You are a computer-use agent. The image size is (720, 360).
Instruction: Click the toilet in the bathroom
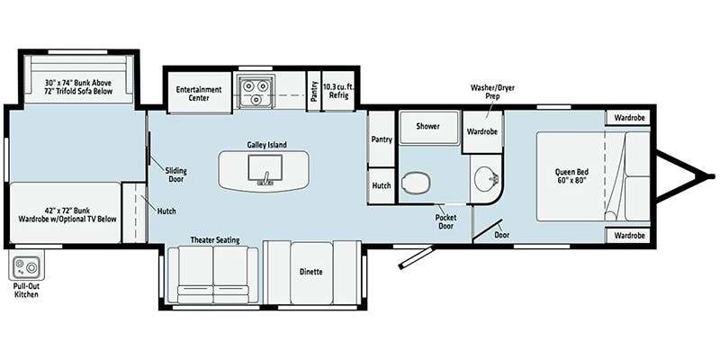coord(416,183)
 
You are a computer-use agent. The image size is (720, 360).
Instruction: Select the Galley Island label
coord(266,145)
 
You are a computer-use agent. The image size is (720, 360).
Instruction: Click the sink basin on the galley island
coord(265,168)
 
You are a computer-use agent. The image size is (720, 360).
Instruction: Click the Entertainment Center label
coord(199,94)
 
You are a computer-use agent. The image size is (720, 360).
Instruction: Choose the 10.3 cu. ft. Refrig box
coord(338,91)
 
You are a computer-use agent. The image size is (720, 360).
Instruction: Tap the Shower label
coord(428,126)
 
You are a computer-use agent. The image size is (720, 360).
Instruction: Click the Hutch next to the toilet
coord(382,186)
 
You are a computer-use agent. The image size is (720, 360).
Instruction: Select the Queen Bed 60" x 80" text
coord(571,175)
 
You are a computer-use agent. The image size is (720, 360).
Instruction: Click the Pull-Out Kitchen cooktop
coord(26,265)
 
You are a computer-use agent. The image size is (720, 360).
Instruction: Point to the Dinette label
coord(310,272)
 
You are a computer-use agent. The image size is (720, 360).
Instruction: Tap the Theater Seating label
coord(215,240)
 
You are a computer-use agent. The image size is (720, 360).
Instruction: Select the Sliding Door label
coord(175,175)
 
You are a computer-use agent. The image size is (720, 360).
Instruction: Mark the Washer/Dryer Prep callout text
coord(490,92)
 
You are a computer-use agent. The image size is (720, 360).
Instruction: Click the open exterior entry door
coord(417,257)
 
